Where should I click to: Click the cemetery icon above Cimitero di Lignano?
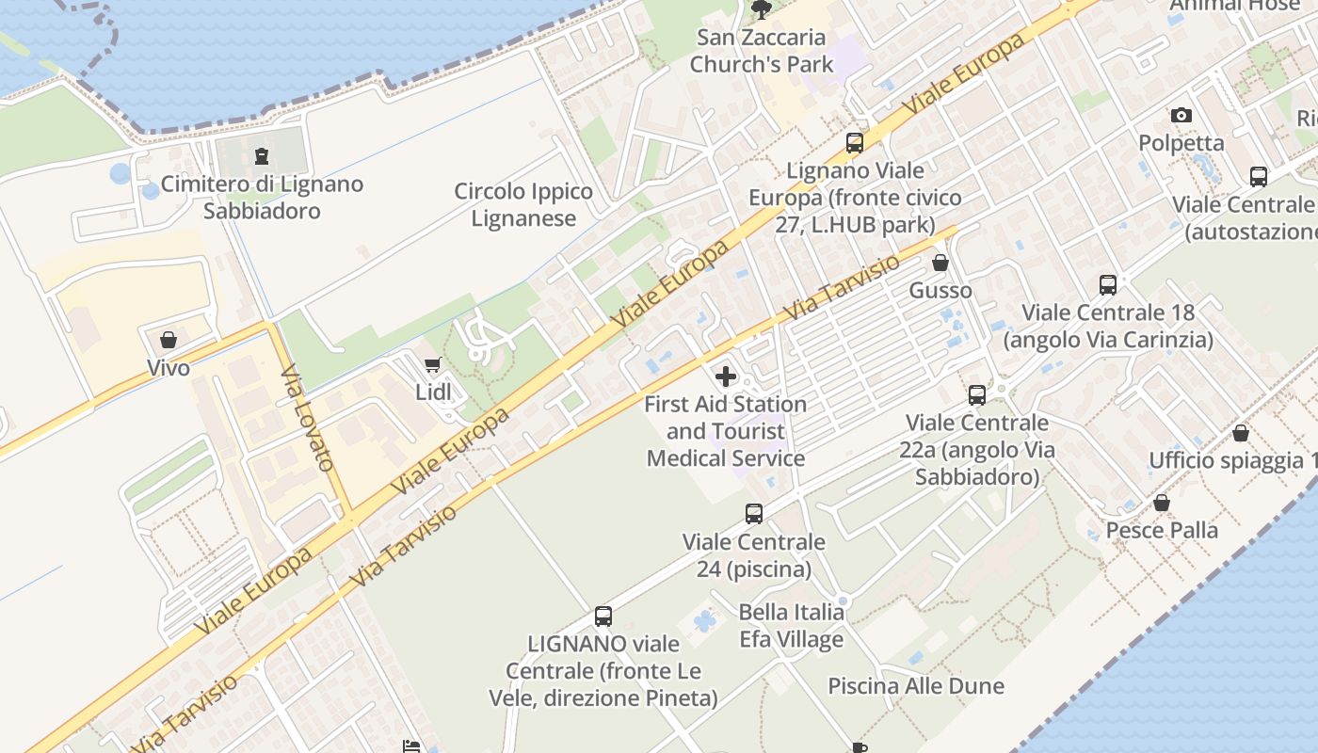coord(262,156)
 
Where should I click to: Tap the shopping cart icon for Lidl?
coord(432,364)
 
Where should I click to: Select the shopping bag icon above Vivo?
coord(169,340)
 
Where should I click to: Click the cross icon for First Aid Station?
coord(725,376)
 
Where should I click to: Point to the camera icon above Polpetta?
coord(1181,116)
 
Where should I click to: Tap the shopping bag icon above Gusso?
coord(940,263)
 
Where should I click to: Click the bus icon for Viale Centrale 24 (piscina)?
coord(753,514)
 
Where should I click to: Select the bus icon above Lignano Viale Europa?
coord(854,143)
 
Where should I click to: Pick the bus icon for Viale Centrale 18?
coord(1107,284)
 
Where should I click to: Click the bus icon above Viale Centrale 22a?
coord(976,395)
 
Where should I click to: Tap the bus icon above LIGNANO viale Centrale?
coord(603,617)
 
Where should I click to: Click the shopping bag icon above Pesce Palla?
coord(1161,503)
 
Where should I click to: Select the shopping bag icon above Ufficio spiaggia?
coord(1240,433)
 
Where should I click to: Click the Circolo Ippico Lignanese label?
coord(523,205)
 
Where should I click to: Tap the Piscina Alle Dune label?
coord(915,686)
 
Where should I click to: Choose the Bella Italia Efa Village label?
coord(791,626)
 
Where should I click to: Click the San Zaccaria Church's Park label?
coord(762,51)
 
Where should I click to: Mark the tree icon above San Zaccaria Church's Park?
coord(761,9)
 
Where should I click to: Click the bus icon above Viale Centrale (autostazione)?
coord(1258,176)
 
